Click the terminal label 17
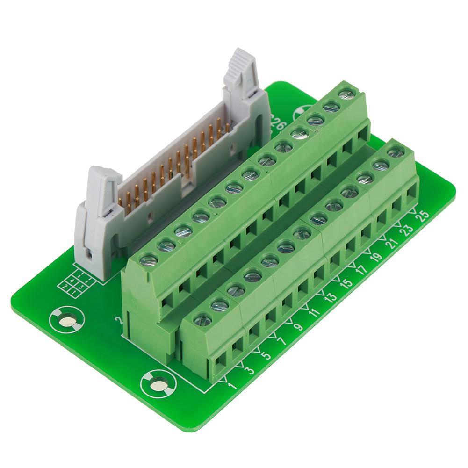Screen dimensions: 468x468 pos(360,270)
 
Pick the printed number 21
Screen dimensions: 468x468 pos(391,243)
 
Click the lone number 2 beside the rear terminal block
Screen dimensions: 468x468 pos(119,321)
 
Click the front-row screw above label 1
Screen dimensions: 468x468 pos(203,320)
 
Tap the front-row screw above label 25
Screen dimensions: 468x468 pos(396,151)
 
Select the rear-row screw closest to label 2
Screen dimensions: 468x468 pos(149,258)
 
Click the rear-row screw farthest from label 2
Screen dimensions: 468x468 pos(346,94)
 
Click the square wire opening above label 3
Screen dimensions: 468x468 pos(238,345)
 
